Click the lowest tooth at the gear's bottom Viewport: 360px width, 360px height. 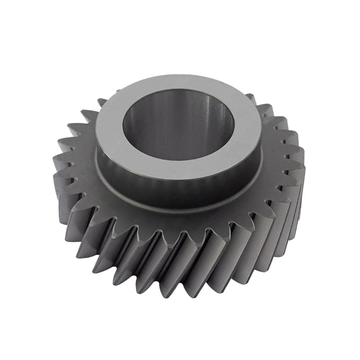[180, 288]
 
